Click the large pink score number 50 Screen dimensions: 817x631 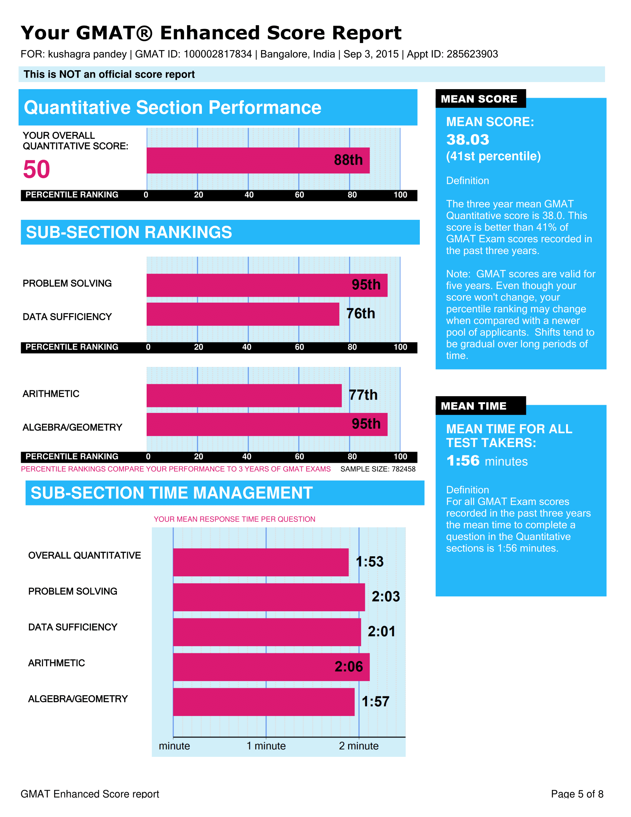pyautogui.click(x=36, y=169)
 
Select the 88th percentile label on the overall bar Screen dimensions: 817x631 pyautogui.click(x=348, y=160)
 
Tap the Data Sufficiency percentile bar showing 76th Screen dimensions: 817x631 pyautogui.click(x=243, y=314)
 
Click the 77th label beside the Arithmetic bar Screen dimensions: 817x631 pyautogui.click(x=363, y=395)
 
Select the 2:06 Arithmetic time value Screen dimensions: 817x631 pyautogui.click(x=349, y=667)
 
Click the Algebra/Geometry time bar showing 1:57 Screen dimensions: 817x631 pyautogui.click(x=264, y=702)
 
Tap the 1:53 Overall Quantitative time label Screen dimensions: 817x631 pyautogui.click(x=369, y=562)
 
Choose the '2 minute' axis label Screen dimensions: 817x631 pyautogui.click(x=359, y=746)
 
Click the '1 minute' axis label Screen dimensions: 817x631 pyautogui.click(x=266, y=746)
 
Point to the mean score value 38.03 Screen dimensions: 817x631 pyautogui.click(x=467, y=140)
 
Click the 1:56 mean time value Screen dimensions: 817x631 pyautogui.click(x=463, y=461)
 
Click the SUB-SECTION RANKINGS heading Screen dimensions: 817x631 pyautogui.click(x=129, y=232)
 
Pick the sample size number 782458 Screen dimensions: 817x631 pyautogui.click(x=403, y=469)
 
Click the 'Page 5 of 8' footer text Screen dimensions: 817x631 pyautogui.click(x=577, y=794)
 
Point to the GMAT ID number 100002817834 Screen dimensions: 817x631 pyautogui.click(x=218, y=54)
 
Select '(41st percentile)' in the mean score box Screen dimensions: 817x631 pyautogui.click(x=493, y=156)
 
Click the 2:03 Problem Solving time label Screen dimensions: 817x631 pyautogui.click(x=385, y=597)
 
